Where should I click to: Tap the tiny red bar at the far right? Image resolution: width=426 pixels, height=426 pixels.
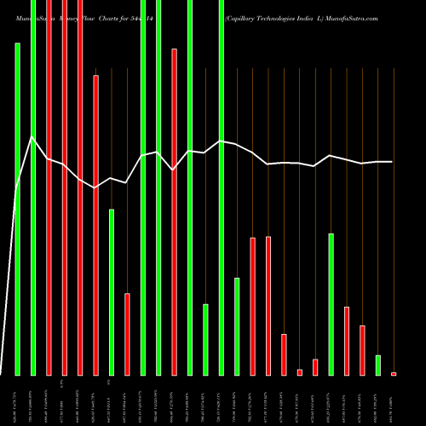click(394, 373)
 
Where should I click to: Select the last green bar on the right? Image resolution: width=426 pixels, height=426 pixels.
click(377, 365)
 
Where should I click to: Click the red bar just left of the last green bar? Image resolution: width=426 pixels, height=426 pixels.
click(362, 350)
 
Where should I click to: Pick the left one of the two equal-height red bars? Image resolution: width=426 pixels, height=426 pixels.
click(252, 306)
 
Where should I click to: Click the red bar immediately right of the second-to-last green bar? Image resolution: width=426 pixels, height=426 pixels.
click(347, 341)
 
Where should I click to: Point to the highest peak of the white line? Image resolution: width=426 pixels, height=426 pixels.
click(32, 137)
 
